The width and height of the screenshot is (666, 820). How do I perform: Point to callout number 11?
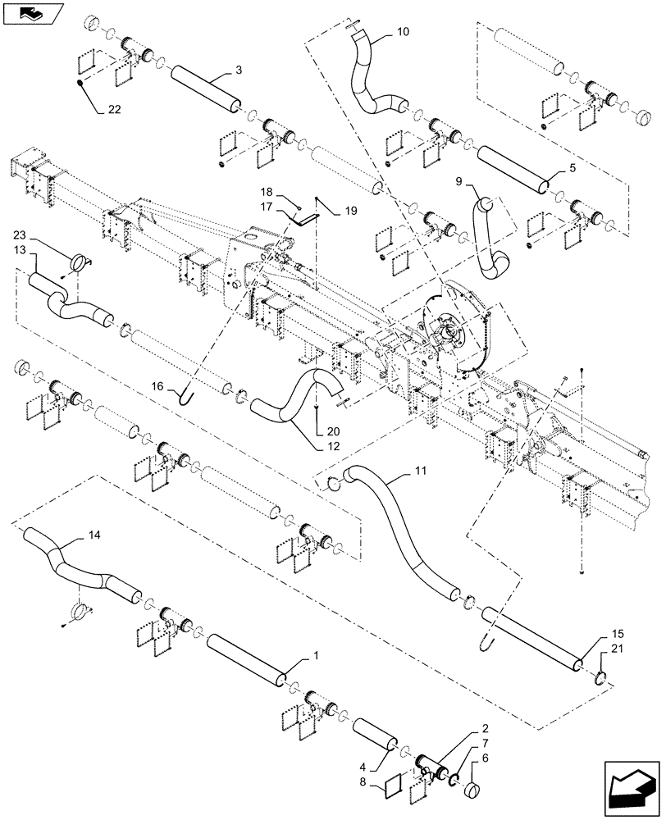click(x=420, y=472)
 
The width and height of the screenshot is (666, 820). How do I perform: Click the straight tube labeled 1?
click(x=246, y=658)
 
